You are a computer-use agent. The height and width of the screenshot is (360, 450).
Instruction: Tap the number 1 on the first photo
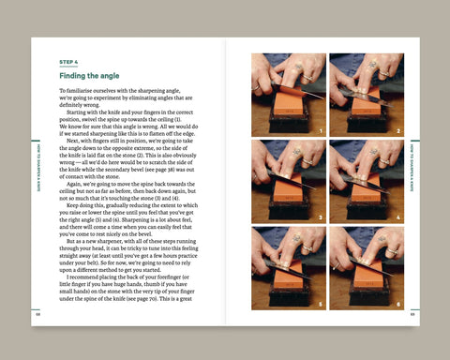pos(321,131)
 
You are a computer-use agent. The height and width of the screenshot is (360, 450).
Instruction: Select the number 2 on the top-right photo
pos(398,131)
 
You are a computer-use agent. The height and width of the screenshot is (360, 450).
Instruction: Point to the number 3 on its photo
pos(321,217)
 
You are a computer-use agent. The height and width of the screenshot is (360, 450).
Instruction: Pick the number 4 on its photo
pos(398,217)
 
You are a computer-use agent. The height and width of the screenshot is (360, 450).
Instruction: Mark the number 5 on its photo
pos(321,305)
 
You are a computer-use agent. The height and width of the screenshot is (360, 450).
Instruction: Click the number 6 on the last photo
pos(398,305)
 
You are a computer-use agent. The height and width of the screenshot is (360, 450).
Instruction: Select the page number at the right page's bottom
pos(412,313)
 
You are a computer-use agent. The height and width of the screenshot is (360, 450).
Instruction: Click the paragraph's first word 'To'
pos(62,91)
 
